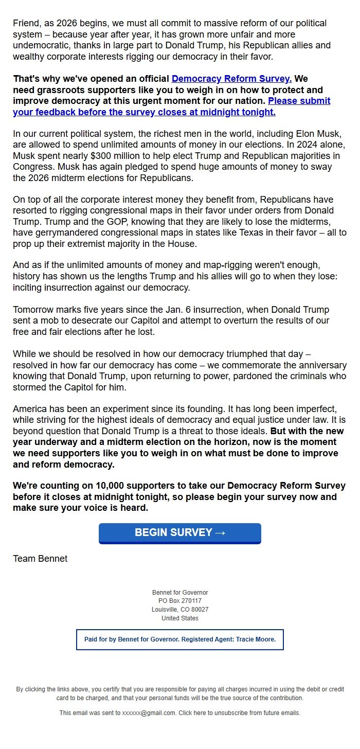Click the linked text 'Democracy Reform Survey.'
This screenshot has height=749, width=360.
[231, 79]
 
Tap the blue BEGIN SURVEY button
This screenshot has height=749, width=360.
[180, 533]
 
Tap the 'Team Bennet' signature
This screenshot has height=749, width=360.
[40, 559]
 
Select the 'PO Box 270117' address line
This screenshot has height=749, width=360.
[180, 601]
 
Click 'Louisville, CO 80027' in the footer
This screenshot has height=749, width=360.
[180, 610]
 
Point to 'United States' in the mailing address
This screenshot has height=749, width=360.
[180, 618]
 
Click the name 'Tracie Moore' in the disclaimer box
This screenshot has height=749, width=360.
[256, 639]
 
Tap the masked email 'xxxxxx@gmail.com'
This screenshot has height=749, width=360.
[149, 713]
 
